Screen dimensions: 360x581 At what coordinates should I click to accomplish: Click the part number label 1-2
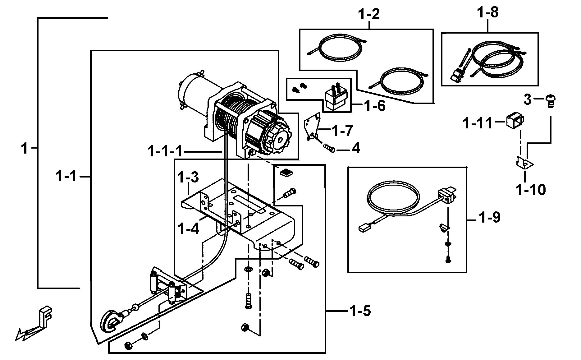(x=369, y=15)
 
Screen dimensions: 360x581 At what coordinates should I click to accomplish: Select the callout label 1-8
(x=487, y=13)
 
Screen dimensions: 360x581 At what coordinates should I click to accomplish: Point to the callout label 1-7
(x=342, y=131)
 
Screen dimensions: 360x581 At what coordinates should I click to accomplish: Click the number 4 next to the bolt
(x=355, y=148)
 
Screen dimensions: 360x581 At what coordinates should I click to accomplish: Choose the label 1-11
(x=478, y=123)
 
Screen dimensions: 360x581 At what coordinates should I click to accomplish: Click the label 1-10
(x=530, y=189)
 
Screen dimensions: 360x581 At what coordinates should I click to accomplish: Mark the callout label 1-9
(x=489, y=218)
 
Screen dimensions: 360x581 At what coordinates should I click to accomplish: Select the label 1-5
(x=360, y=311)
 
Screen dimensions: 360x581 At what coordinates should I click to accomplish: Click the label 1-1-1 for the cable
(x=165, y=152)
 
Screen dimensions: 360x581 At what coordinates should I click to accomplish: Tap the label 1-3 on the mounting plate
(x=188, y=178)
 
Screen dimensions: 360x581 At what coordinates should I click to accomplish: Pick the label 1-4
(x=188, y=228)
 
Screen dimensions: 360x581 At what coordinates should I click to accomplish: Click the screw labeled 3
(x=550, y=101)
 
